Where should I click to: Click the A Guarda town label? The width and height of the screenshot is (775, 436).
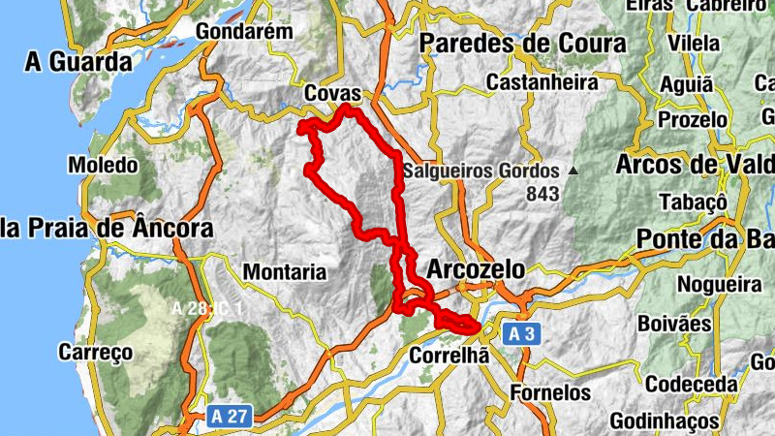(79, 62)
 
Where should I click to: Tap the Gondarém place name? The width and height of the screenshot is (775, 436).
(244, 31)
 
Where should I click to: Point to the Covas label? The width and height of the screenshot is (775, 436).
(332, 93)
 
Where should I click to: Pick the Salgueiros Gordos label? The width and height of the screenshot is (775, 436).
(482, 171)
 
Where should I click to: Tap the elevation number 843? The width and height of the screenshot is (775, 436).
(543, 194)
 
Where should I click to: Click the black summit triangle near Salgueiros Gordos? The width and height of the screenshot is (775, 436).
(573, 171)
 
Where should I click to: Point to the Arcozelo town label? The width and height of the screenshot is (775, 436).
(476, 268)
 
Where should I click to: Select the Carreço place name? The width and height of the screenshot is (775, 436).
(95, 352)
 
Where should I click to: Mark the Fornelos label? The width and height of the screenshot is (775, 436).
(550, 392)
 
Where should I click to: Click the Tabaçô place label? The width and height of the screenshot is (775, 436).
(692, 202)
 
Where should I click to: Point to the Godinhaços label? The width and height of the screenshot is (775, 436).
(665, 421)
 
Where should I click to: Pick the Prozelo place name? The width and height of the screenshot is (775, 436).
(693, 120)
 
